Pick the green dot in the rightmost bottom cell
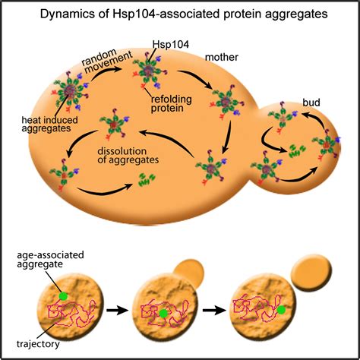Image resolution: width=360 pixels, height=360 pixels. click(x=282, y=310)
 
